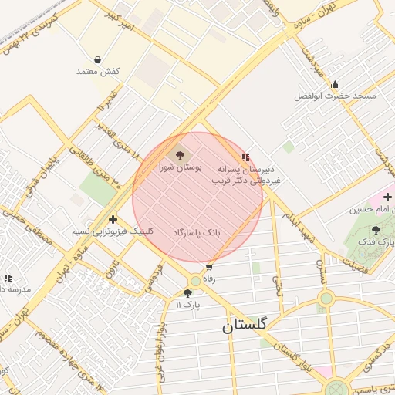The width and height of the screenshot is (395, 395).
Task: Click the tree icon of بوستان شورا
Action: (x=180, y=156)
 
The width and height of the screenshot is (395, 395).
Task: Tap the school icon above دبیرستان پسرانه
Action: (x=245, y=157)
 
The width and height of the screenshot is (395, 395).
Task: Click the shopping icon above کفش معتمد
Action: (x=98, y=59)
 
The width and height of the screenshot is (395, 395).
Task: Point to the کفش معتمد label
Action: (x=98, y=71)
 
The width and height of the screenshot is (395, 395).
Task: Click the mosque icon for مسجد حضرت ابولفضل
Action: (x=335, y=85)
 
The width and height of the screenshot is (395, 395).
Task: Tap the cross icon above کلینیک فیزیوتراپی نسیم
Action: (x=113, y=219)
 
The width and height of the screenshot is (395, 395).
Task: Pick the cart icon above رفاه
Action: (x=209, y=268)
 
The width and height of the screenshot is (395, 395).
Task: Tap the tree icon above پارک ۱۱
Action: (x=187, y=293)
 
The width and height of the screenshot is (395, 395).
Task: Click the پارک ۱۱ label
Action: (x=187, y=305)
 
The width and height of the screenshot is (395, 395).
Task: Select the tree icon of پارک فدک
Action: (x=376, y=230)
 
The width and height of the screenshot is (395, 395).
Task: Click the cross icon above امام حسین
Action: (x=387, y=197)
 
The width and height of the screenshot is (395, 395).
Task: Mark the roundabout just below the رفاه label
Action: (x=196, y=282)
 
